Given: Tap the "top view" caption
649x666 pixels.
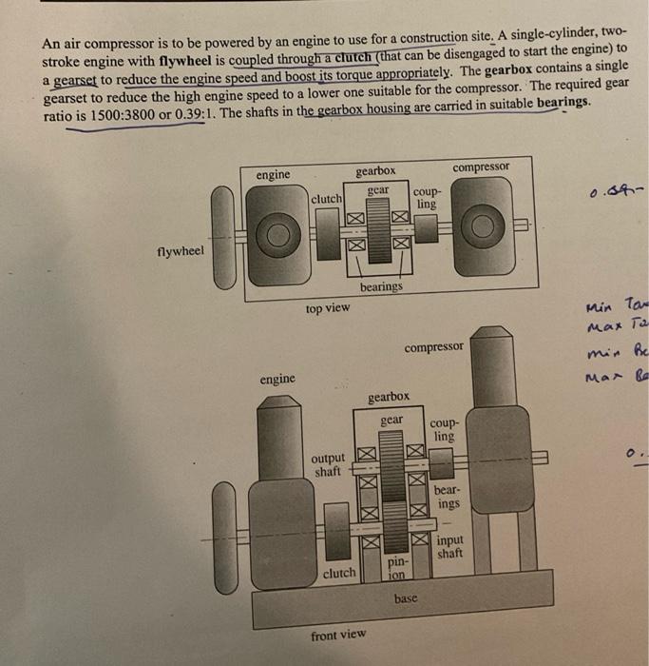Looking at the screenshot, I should (x=327, y=308).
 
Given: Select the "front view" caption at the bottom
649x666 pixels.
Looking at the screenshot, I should (x=337, y=634).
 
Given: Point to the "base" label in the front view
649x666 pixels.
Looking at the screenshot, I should (x=405, y=600).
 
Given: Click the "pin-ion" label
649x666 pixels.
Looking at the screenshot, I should (x=397, y=569).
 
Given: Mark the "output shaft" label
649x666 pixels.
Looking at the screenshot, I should (x=329, y=464).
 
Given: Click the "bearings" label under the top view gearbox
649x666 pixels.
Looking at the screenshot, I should (x=380, y=286).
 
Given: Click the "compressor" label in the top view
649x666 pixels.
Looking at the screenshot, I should (x=480, y=167).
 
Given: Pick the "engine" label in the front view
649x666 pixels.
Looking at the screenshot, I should (x=277, y=379).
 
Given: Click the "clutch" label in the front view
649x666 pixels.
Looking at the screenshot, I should (x=339, y=573).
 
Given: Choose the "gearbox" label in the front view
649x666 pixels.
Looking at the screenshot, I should (x=390, y=395).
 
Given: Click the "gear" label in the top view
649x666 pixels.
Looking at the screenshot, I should (x=377, y=190).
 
